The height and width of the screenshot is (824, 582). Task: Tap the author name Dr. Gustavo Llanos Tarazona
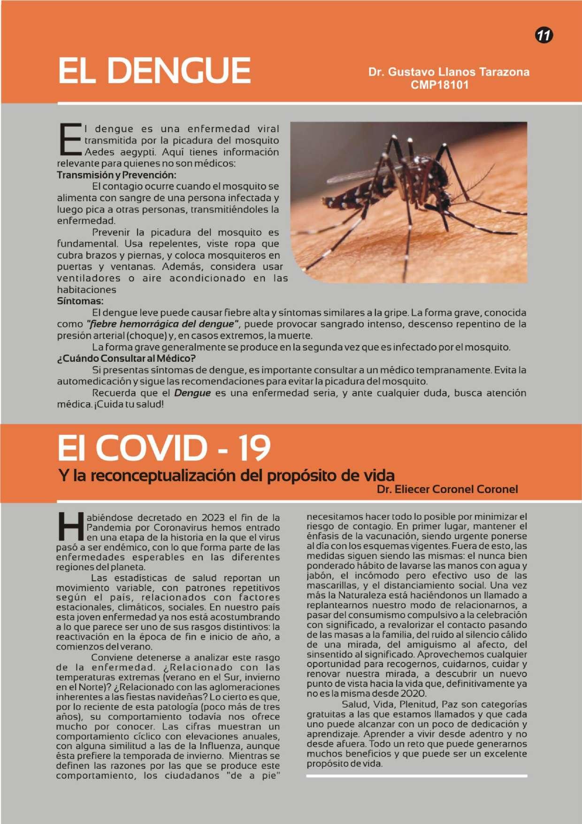[x=449, y=72]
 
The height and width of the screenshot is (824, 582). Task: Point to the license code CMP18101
[x=439, y=85]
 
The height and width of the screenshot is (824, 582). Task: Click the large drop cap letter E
[x=69, y=139]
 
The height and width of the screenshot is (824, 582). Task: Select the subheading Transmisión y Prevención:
[x=116, y=175]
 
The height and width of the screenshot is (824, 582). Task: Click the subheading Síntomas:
[x=80, y=301]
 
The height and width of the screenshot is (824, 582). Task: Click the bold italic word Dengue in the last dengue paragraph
[x=192, y=393]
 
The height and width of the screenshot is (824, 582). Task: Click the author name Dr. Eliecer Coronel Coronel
[x=447, y=489]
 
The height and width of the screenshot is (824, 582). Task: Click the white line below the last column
[x=417, y=776]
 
